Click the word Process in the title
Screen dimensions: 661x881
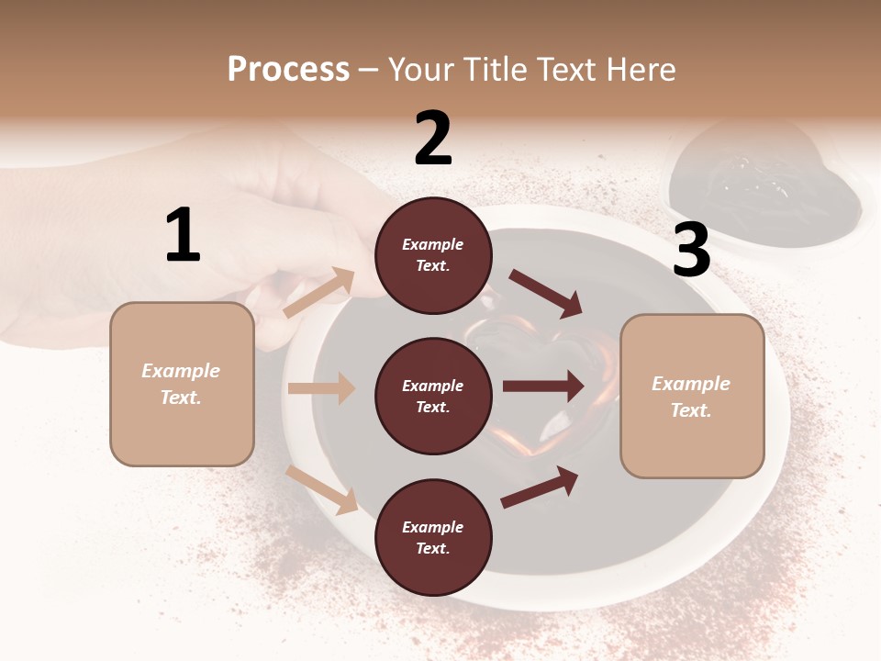pos(288,69)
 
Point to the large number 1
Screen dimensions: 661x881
pos(183,236)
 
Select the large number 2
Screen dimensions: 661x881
pos(433,139)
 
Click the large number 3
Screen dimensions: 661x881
pos(691,251)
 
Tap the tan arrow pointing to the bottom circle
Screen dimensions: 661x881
pos(322,488)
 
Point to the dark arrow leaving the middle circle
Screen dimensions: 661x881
pos(543,387)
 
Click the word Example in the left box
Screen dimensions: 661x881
pos(181,371)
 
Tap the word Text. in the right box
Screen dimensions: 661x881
pos(691,410)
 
